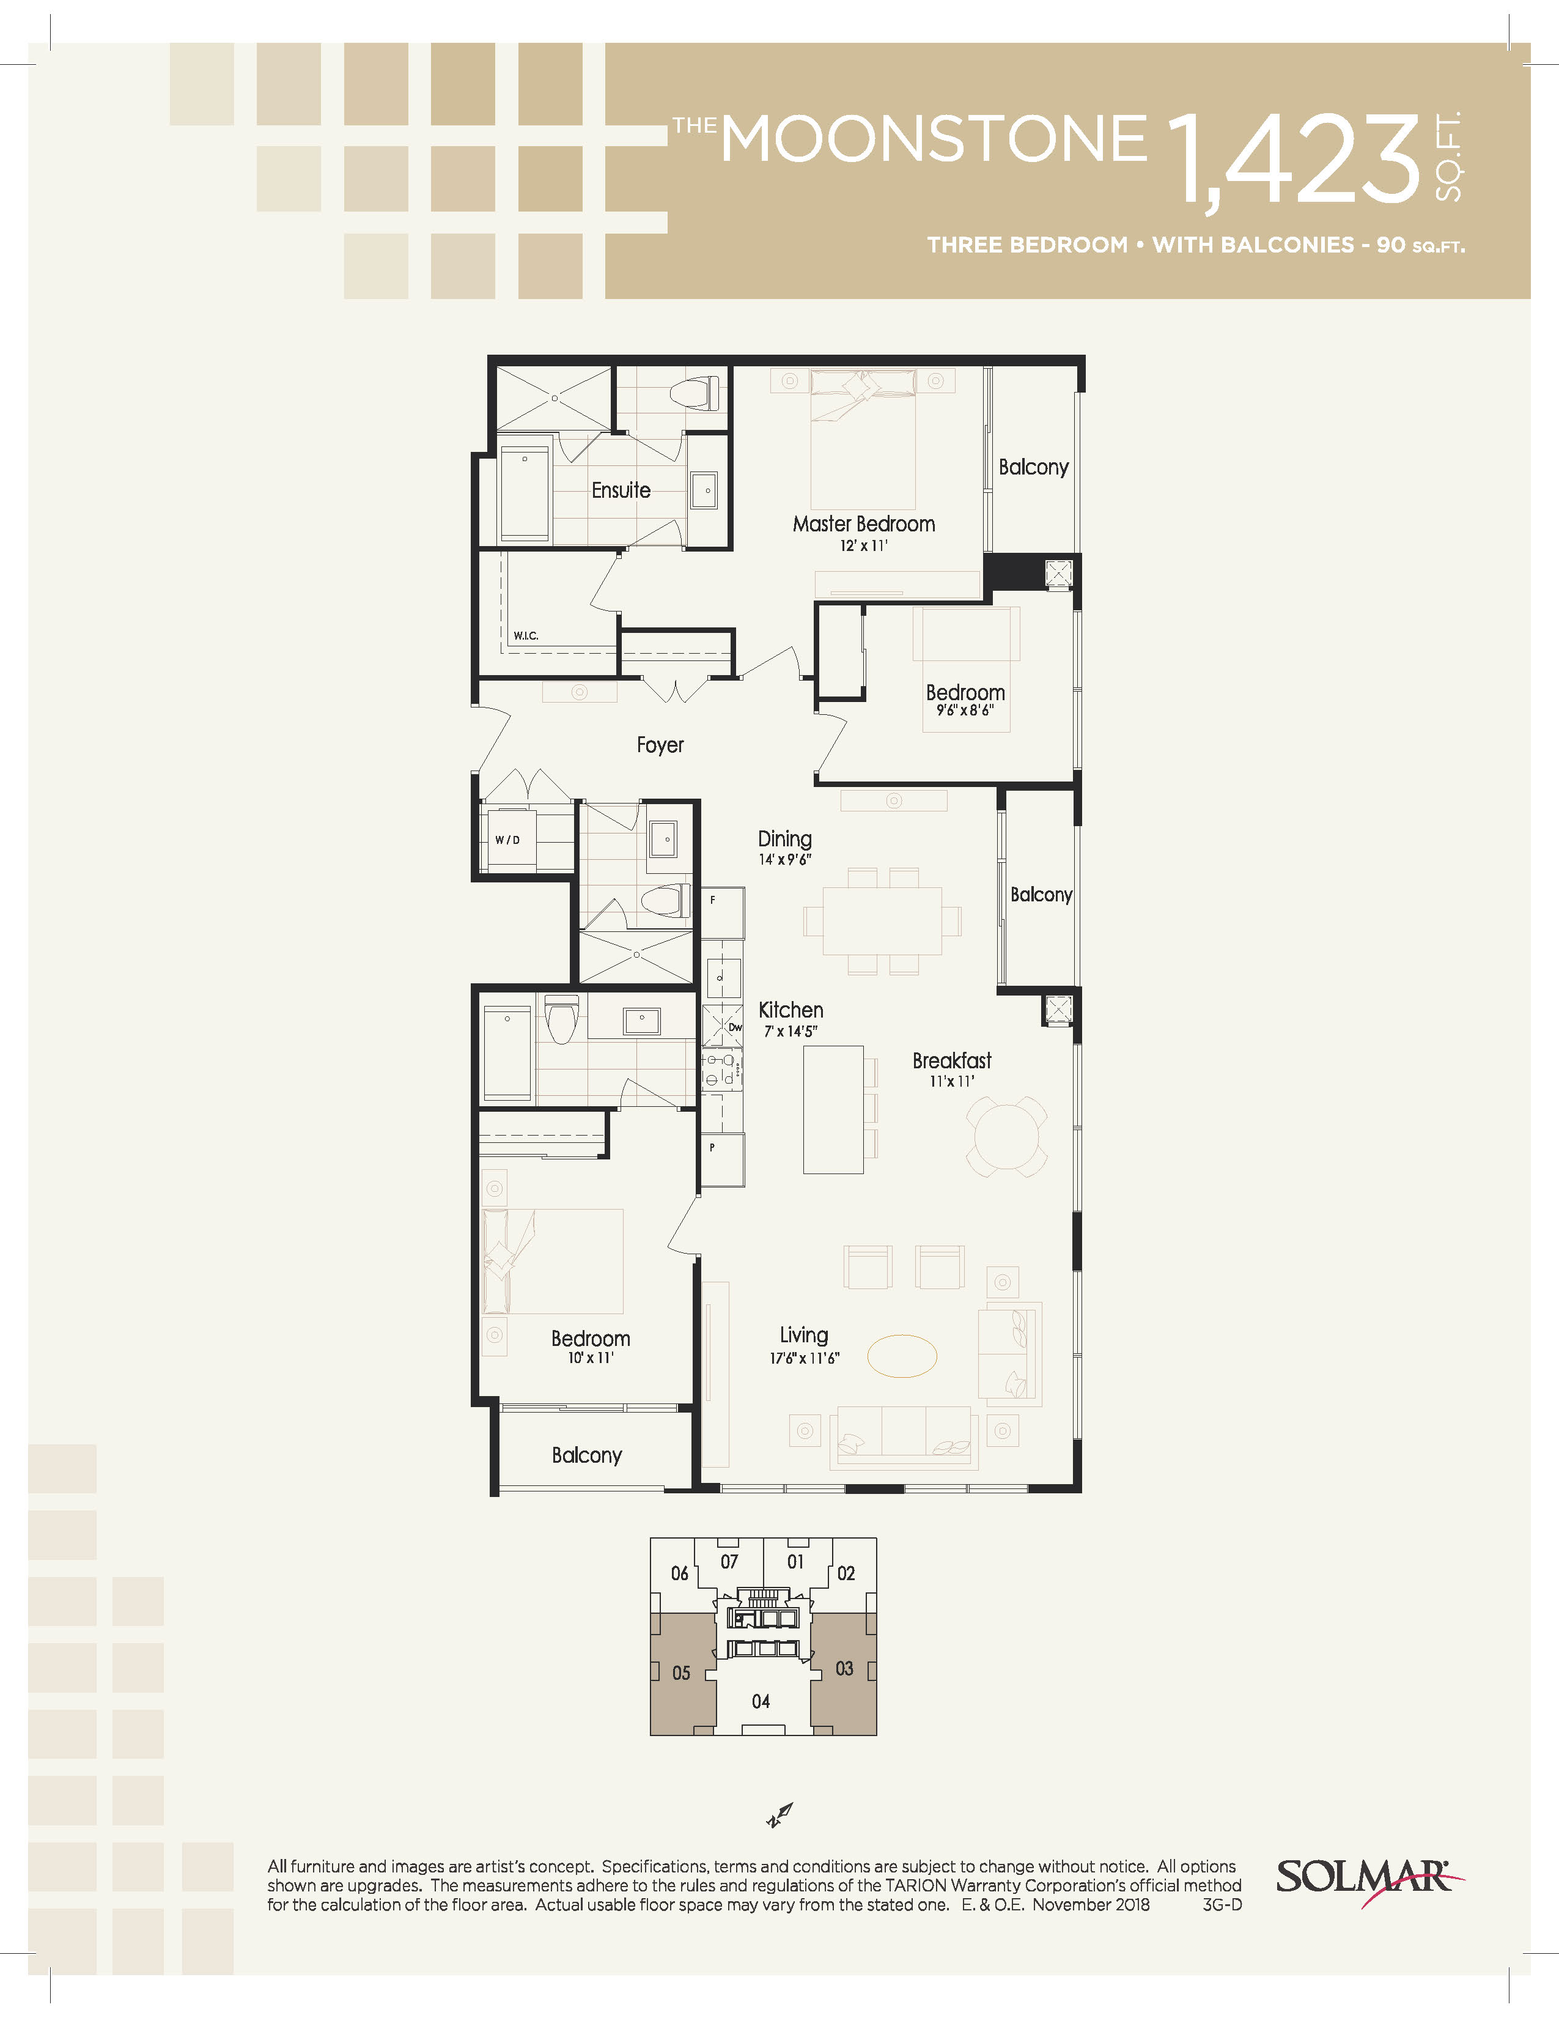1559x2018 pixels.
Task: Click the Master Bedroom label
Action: coord(863,524)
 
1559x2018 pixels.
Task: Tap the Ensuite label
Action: coord(621,490)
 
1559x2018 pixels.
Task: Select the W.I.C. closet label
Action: coord(526,636)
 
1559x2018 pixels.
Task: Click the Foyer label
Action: coord(660,745)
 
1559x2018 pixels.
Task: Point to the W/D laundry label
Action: coord(507,840)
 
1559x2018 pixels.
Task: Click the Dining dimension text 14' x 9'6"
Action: coord(785,859)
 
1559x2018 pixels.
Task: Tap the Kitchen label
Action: coord(791,1010)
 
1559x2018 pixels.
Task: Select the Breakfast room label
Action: coord(951,1061)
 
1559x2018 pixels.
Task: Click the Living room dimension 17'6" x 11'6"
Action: coord(805,1358)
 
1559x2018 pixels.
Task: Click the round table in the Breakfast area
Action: coord(1007,1136)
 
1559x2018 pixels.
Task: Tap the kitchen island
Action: coord(833,1110)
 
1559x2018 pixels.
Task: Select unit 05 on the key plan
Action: coord(682,1672)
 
